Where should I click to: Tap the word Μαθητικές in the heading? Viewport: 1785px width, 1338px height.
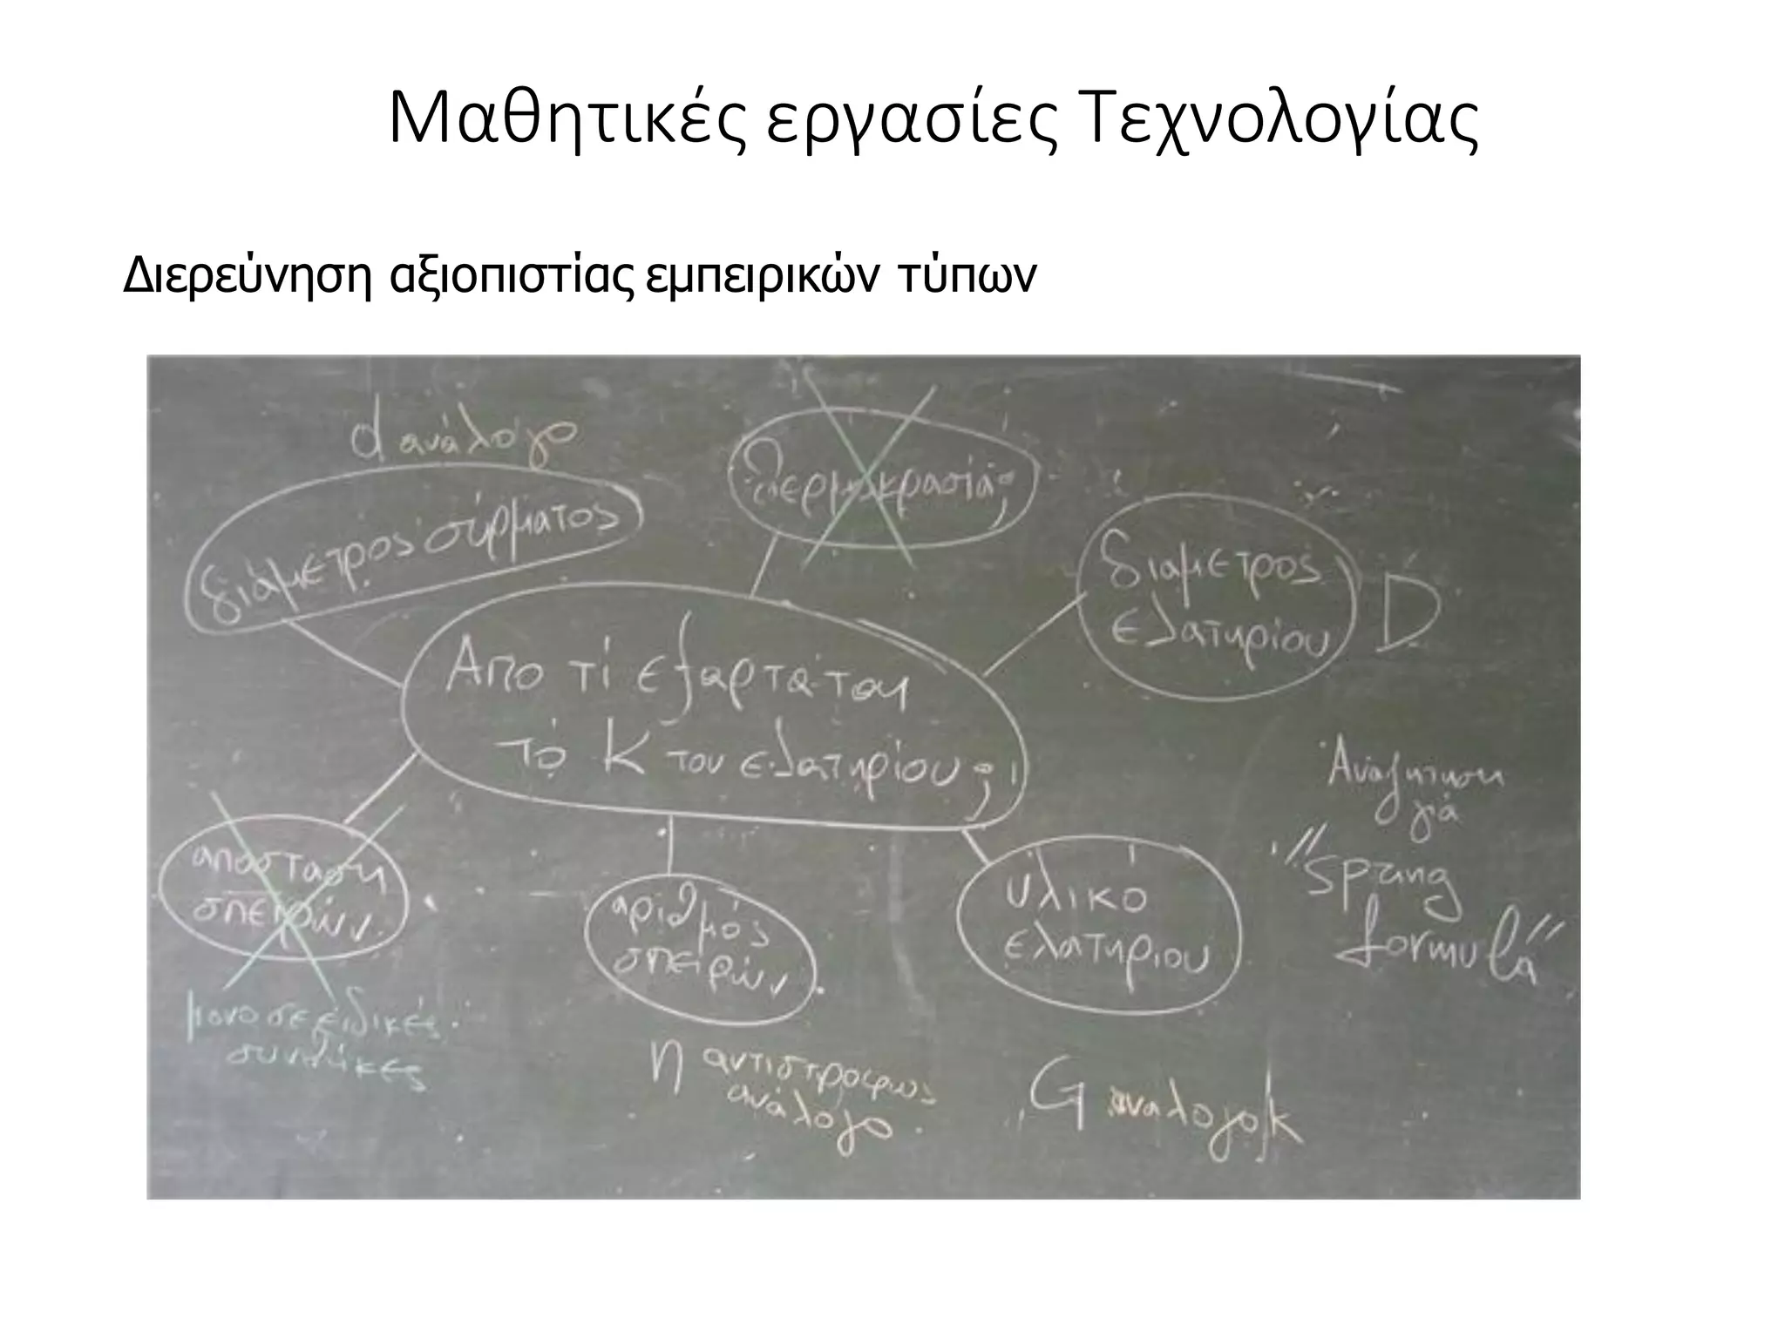(566, 119)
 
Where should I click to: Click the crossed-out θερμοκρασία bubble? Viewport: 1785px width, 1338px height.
(881, 493)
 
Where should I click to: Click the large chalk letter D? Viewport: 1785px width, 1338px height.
(1403, 616)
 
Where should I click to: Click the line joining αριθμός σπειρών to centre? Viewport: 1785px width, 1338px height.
(669, 849)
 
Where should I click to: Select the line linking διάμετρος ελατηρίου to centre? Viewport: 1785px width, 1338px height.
(1034, 635)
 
